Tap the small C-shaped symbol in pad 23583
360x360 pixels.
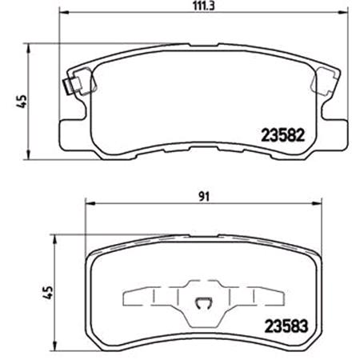(x=203, y=302)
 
